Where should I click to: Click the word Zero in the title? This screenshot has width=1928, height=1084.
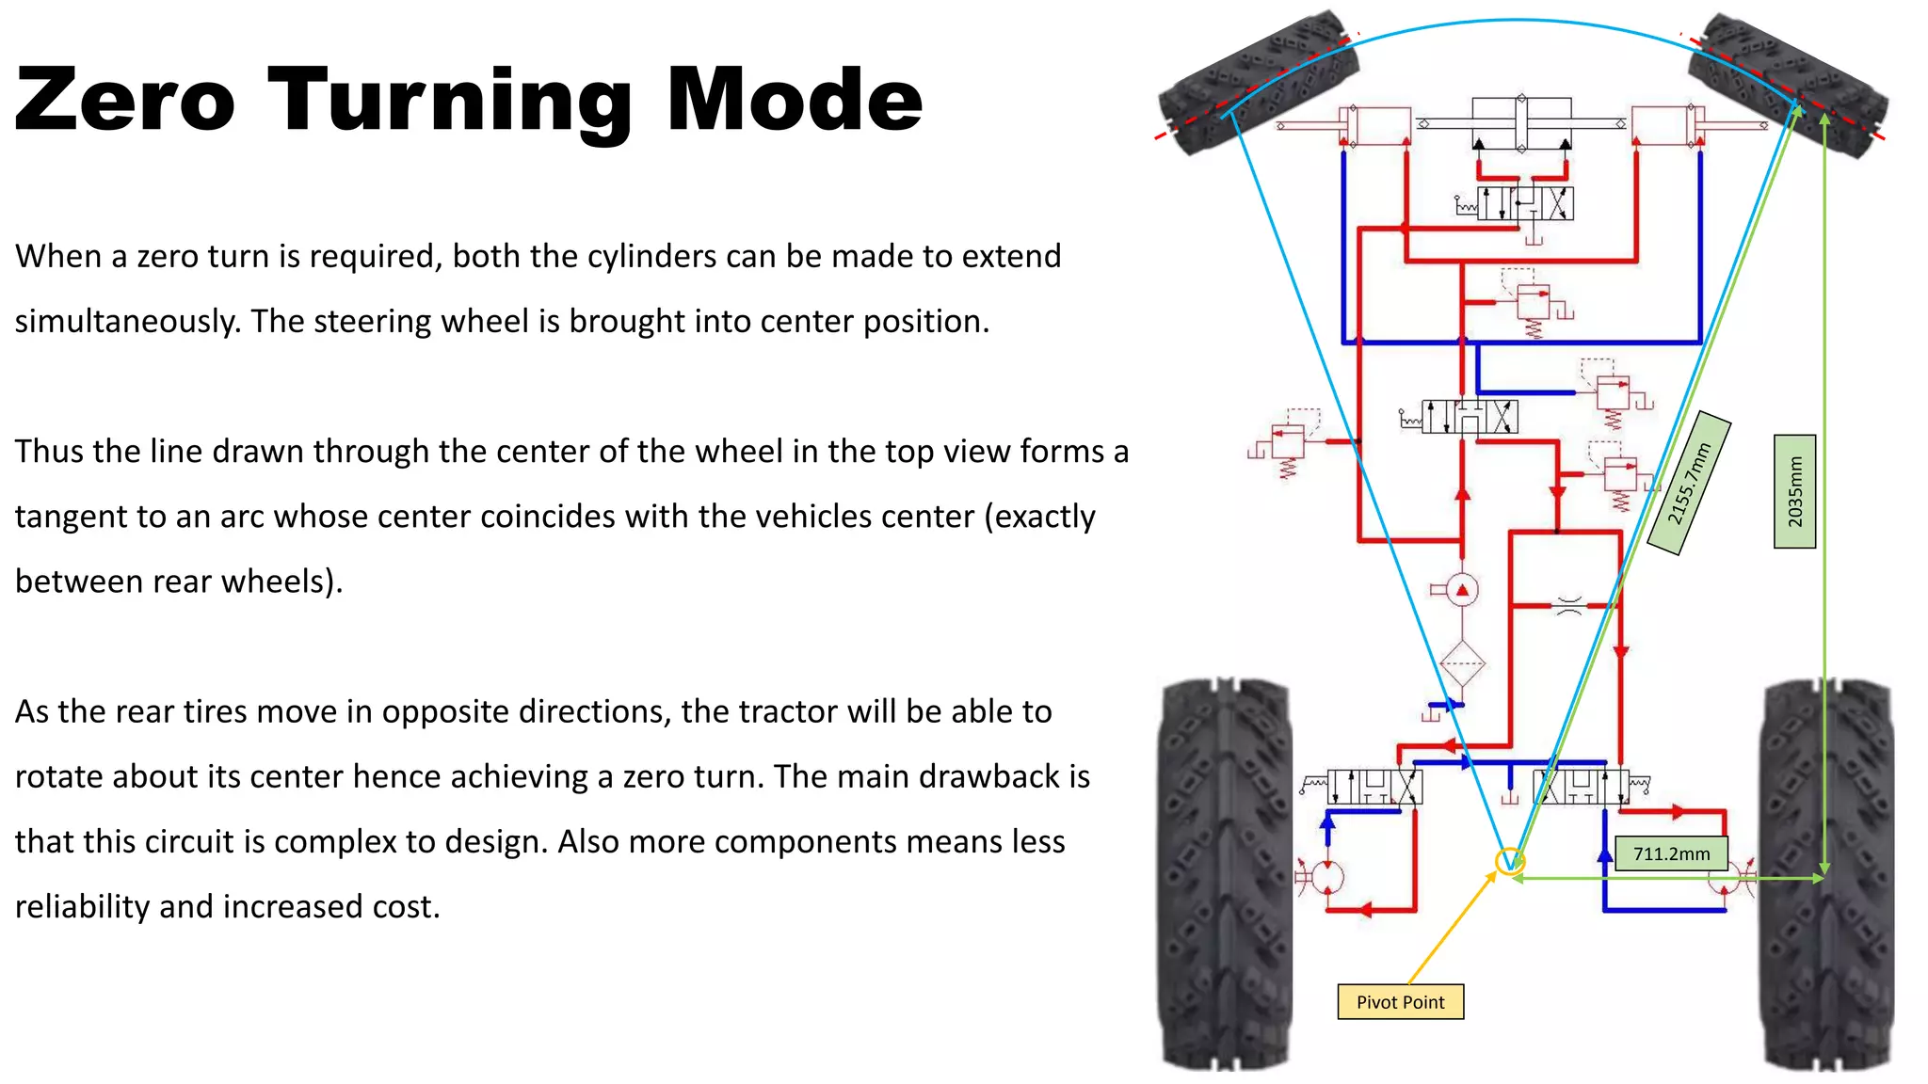tap(124, 100)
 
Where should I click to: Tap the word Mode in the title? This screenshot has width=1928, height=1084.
tap(795, 100)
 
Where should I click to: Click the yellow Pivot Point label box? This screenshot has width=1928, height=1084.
tap(1400, 1002)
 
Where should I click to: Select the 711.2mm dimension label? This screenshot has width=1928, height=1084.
tap(1671, 853)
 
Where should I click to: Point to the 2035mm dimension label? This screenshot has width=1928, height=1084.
tap(1794, 491)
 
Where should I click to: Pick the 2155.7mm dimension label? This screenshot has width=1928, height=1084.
tap(1689, 484)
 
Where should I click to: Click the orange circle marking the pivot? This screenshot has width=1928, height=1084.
tap(1509, 860)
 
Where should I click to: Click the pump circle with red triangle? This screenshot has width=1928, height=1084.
tap(1462, 591)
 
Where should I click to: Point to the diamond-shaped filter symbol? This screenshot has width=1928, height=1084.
tap(1462, 664)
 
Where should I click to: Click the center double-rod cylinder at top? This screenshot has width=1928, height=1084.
tap(1521, 122)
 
